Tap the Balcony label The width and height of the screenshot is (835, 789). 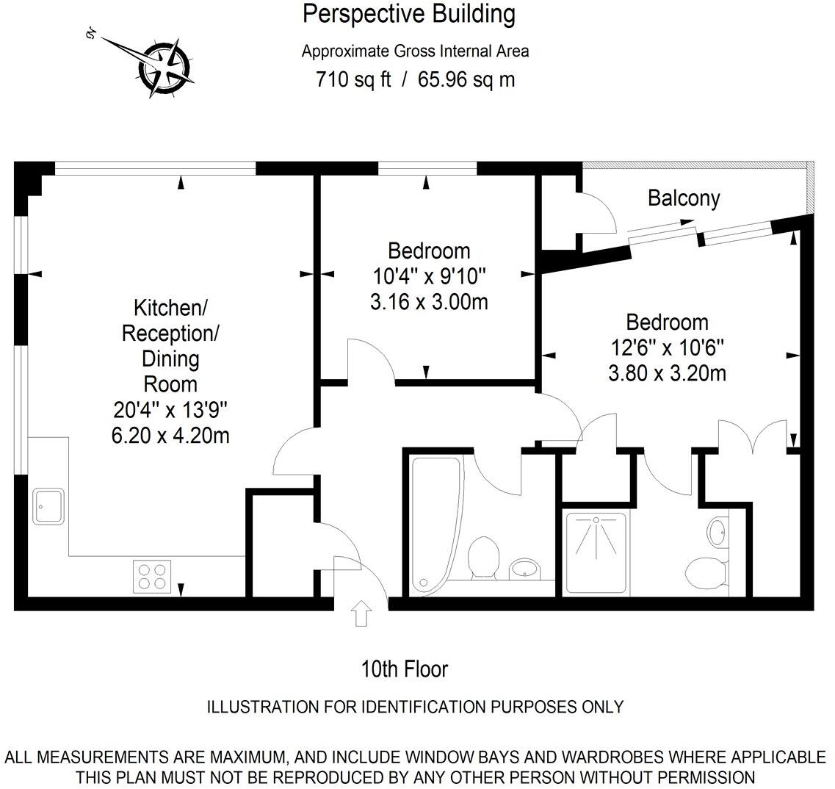[683, 198]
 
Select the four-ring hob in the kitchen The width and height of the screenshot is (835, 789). [152, 576]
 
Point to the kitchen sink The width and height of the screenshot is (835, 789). [48, 506]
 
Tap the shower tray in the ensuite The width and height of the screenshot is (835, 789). [596, 552]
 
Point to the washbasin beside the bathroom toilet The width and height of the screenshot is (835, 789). [524, 568]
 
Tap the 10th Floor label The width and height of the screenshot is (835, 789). [404, 669]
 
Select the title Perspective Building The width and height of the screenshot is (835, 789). [409, 14]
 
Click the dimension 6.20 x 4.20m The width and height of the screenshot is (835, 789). [170, 436]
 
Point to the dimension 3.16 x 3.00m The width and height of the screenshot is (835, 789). [429, 301]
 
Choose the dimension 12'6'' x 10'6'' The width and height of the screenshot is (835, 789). [667, 347]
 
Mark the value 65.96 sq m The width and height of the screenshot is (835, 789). [466, 79]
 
